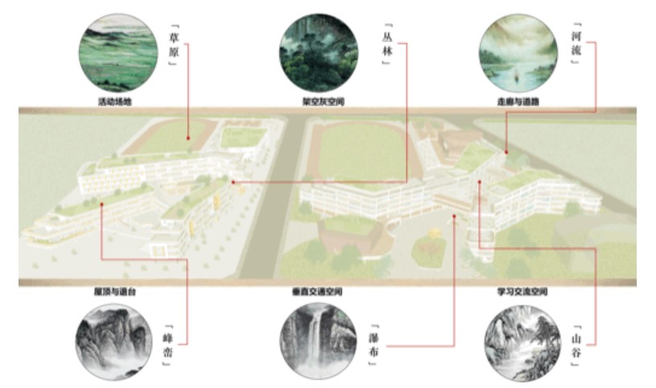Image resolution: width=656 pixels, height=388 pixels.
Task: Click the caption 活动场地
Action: tap(113, 102)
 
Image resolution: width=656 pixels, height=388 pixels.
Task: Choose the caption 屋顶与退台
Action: tap(113, 291)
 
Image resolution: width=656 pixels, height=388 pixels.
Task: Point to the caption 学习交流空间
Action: tap(522, 291)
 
